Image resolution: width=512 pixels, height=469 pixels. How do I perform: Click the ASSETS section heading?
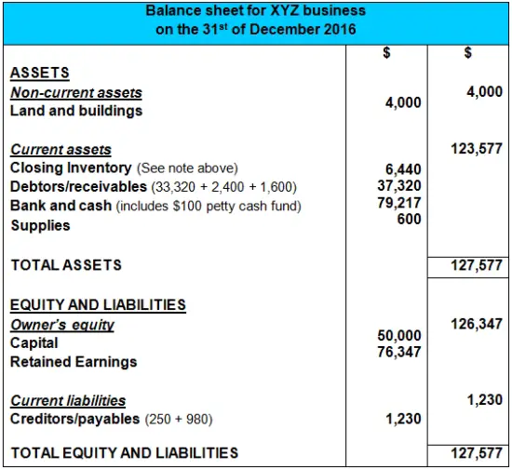pyautogui.click(x=40, y=73)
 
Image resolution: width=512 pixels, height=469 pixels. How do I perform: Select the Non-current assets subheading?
pyautogui.click(x=76, y=93)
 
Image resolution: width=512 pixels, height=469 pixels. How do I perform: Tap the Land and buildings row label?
pyautogui.click(x=76, y=111)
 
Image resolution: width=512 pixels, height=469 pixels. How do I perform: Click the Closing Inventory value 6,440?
pyautogui.click(x=403, y=169)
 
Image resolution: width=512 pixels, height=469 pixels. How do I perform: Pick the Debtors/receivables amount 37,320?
pyautogui.click(x=399, y=186)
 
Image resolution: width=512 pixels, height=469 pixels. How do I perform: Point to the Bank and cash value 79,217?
pyautogui.click(x=399, y=203)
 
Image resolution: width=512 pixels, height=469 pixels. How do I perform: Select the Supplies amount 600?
pyautogui.click(x=410, y=219)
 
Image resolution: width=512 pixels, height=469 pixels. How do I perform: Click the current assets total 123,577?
pyautogui.click(x=477, y=149)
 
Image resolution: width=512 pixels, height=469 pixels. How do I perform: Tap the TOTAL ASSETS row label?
pyautogui.click(x=66, y=265)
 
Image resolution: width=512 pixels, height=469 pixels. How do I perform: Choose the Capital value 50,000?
pyautogui.click(x=399, y=336)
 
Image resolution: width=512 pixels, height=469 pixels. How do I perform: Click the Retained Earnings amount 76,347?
pyautogui.click(x=399, y=352)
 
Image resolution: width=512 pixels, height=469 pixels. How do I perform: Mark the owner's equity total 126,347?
pyautogui.click(x=477, y=324)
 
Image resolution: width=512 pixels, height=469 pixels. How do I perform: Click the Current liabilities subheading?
pyautogui.click(x=68, y=400)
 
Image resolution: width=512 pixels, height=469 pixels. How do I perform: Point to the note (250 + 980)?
pyautogui.click(x=179, y=420)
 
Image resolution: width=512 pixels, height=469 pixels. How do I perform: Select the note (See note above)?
pyautogui.click(x=187, y=168)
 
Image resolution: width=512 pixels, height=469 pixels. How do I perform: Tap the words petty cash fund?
pyautogui.click(x=254, y=207)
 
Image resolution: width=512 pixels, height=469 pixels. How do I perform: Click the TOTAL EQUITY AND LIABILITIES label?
pyautogui.click(x=125, y=453)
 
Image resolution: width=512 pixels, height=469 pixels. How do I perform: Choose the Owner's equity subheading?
pyautogui.click(x=62, y=325)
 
